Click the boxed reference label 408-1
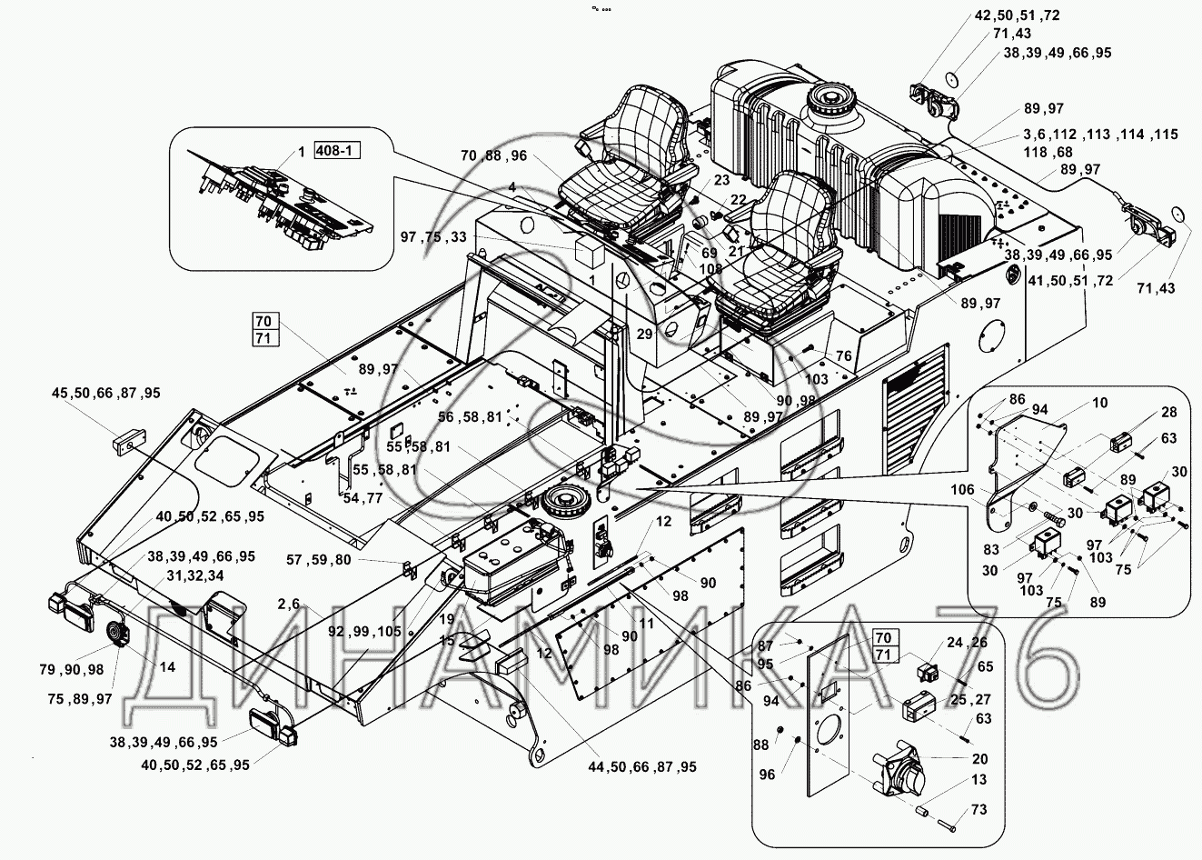pos(336,151)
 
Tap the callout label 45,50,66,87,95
pos(105,393)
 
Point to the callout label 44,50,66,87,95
pos(641,767)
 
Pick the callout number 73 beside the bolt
pos(978,810)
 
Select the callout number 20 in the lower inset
pos(978,758)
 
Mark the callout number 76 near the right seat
pos(843,355)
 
